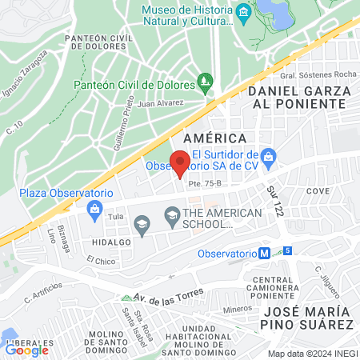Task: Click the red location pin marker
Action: (x=181, y=162)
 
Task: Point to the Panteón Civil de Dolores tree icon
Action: (x=206, y=82)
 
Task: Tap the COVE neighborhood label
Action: (x=317, y=192)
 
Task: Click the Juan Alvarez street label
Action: (x=160, y=103)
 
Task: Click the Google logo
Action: (x=27, y=349)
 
